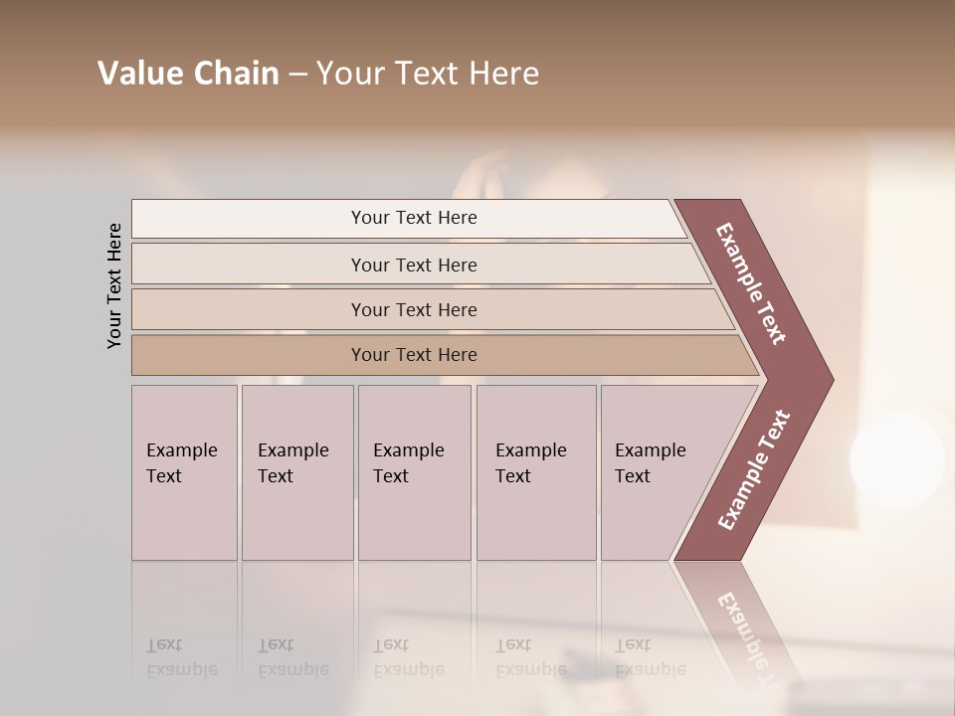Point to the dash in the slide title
[x=297, y=75]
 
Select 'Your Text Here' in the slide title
[x=428, y=74]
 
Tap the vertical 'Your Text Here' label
[x=114, y=285]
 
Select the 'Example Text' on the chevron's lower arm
[x=754, y=469]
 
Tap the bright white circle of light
[x=896, y=458]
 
